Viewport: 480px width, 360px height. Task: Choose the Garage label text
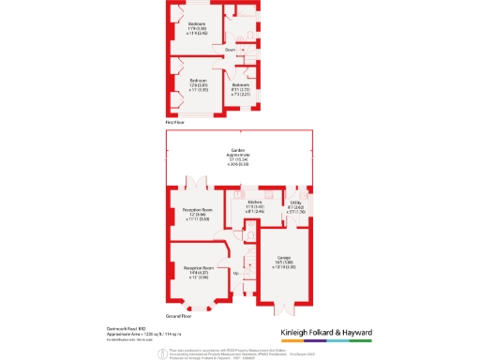pos(283,262)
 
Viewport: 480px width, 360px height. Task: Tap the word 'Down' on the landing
pos(230,48)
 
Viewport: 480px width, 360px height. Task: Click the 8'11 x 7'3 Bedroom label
pos(240,89)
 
